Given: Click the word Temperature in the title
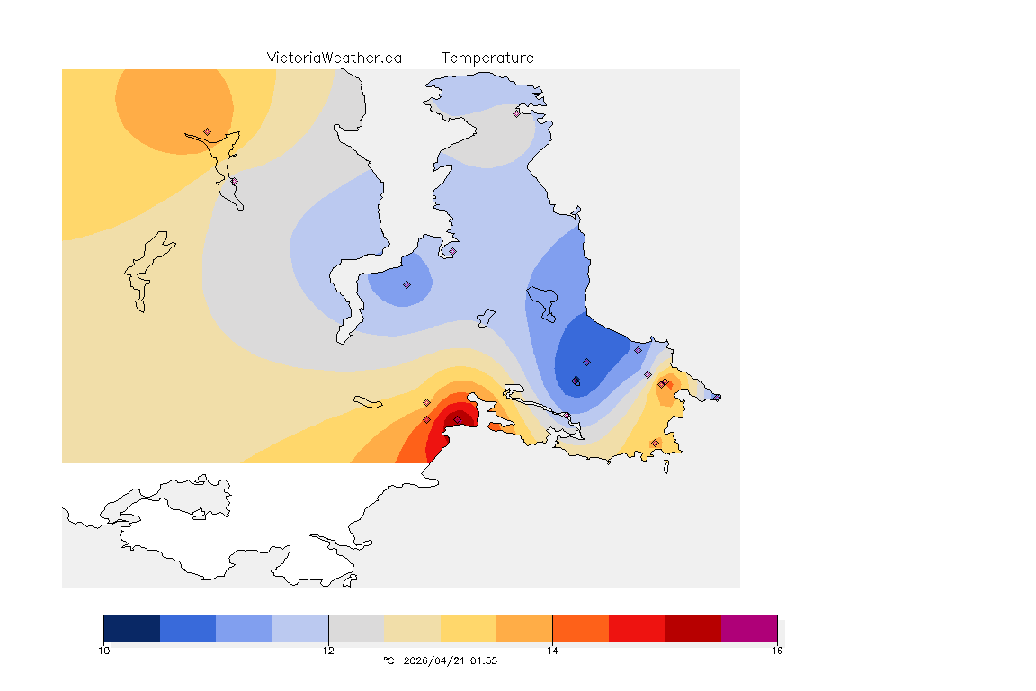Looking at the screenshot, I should point(487,58).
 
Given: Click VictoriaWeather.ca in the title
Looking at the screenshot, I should point(334,58).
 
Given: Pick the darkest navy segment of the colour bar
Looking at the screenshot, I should point(131,628).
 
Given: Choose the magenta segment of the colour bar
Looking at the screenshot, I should point(749,628).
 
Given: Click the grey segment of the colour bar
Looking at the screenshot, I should point(356,628).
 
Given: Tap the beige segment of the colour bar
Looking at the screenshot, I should point(412,628).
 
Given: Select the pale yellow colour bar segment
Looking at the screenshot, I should point(469,628).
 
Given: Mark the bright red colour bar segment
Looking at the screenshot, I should point(637,628).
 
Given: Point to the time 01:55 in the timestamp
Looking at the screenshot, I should point(484,660).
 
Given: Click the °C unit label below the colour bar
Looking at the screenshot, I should point(388,660).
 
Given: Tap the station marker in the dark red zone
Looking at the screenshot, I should point(457,420).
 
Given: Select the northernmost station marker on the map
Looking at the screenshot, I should point(517,113).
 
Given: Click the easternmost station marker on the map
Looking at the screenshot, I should point(717,397).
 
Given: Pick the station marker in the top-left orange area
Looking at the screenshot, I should point(208,131).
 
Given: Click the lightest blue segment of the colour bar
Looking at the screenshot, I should point(300,628).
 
